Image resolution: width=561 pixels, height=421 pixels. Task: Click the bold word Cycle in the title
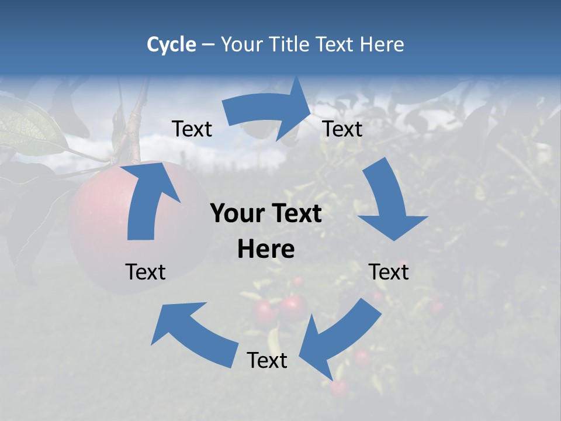[171, 44]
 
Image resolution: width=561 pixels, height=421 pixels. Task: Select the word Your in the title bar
[241, 44]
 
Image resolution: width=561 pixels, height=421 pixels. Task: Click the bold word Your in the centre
[237, 214]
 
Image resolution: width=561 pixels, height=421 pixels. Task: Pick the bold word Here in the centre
[266, 250]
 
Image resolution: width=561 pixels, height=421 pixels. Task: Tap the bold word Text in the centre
[296, 214]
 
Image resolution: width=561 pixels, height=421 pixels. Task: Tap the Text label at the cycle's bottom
[267, 361]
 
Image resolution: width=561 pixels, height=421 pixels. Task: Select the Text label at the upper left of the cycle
[192, 129]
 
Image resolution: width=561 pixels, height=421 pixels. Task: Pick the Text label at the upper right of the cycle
[342, 129]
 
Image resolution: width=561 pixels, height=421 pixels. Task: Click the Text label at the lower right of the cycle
[389, 272]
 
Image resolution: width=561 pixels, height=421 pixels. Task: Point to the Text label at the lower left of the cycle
[146, 272]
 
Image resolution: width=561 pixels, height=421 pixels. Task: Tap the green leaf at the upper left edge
[29, 126]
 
